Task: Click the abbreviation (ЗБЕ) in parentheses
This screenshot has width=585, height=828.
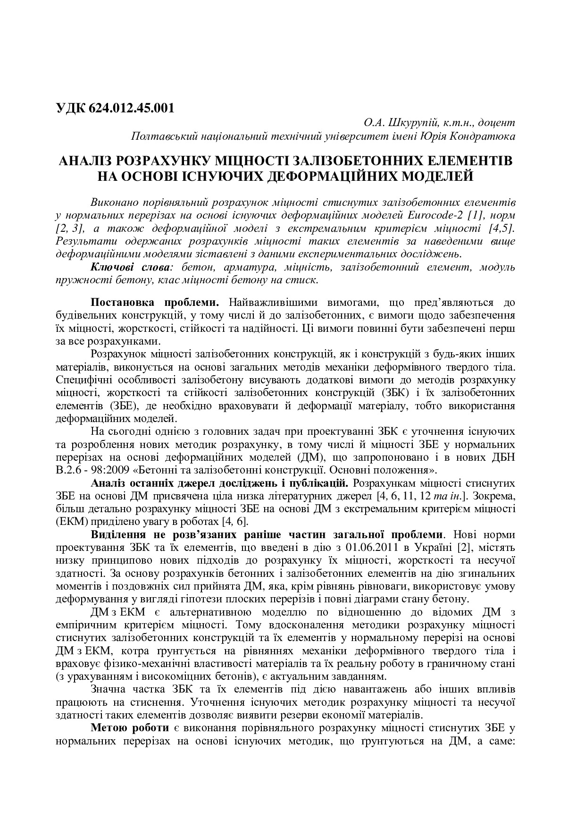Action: [111, 406]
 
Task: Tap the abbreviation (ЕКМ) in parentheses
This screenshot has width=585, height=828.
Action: [70, 522]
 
